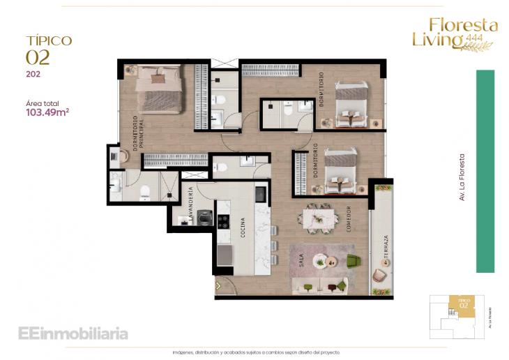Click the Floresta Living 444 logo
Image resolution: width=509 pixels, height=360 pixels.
click(x=455, y=33)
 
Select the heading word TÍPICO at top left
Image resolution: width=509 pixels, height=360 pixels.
click(x=49, y=41)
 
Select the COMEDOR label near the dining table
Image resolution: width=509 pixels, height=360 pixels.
click(x=347, y=220)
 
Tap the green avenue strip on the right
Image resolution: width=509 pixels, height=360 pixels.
click(x=485, y=171)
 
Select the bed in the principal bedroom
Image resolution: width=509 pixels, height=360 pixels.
click(x=160, y=88)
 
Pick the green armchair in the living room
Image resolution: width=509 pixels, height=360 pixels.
click(x=353, y=261)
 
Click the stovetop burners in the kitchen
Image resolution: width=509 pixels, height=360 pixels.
click(x=224, y=221)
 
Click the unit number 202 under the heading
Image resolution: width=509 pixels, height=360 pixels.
click(x=32, y=73)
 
